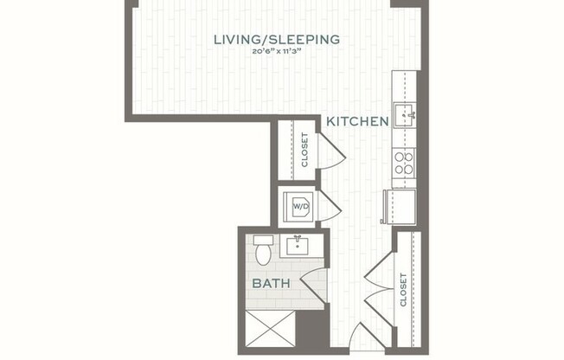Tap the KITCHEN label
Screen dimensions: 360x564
pos(356,122)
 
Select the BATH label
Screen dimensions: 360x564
pos(271,283)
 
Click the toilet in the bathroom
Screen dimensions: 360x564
pos(263,250)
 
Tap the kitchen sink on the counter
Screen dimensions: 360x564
pos(405,113)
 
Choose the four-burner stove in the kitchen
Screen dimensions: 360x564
pos(404,163)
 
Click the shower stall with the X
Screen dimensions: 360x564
pos(270,331)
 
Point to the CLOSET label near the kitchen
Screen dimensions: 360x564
pos(304,150)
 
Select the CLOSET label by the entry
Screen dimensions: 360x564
pos(404,290)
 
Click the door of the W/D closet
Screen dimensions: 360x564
pos(330,207)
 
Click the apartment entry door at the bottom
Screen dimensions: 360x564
pos(367,339)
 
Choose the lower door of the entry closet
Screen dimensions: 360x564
pos(379,307)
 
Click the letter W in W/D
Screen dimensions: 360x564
pos(297,207)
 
